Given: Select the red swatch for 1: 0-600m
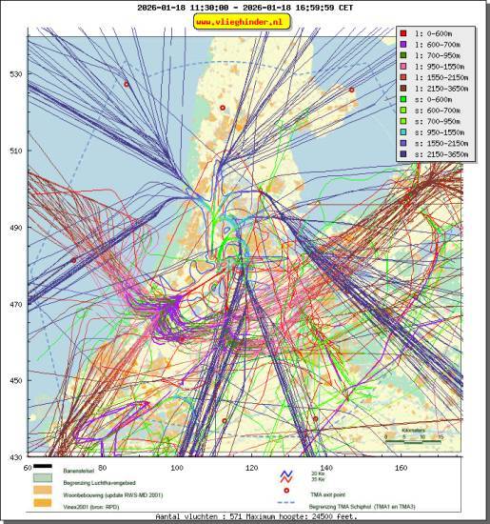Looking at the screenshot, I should coord(403,33).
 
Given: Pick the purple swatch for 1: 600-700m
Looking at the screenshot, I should coord(403,44).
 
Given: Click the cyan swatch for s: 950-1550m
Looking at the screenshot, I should coord(403,131).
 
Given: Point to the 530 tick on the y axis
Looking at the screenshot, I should coord(15,74).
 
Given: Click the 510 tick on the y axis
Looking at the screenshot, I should coord(15,151).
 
